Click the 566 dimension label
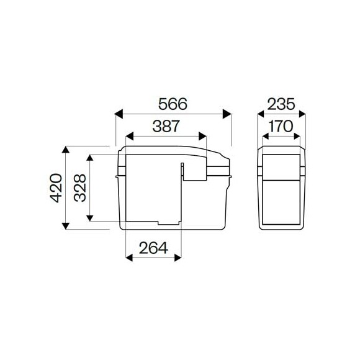pos(173,104)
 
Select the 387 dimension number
pos(166,126)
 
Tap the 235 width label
pos(281,104)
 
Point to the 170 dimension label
pos(281,126)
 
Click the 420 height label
pos(56,188)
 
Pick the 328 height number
pos(80,188)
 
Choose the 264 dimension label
pos(153,248)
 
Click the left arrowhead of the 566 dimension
pos(119,114)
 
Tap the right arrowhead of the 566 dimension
pos(227,114)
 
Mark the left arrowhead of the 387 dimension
pos(130,136)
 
